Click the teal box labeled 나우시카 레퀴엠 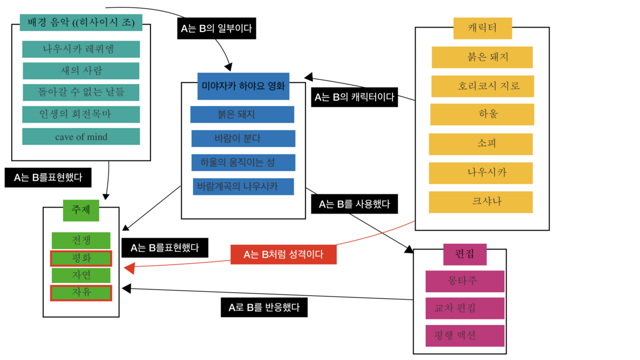point(81,49)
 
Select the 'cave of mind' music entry point(81,137)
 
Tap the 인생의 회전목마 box point(81,114)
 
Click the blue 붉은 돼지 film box point(242,115)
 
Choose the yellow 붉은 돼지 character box point(482,58)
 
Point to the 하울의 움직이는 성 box point(243,162)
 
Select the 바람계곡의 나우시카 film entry point(243,187)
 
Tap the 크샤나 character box point(481,202)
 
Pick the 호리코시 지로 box point(483,86)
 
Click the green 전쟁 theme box point(81,240)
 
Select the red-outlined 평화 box point(81,259)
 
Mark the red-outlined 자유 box point(81,293)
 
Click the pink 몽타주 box point(465,281)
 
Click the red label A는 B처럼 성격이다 point(283,254)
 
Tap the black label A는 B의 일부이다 point(216,28)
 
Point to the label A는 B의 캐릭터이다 point(354,97)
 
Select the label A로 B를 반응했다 point(264,307)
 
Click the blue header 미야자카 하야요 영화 point(243,86)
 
